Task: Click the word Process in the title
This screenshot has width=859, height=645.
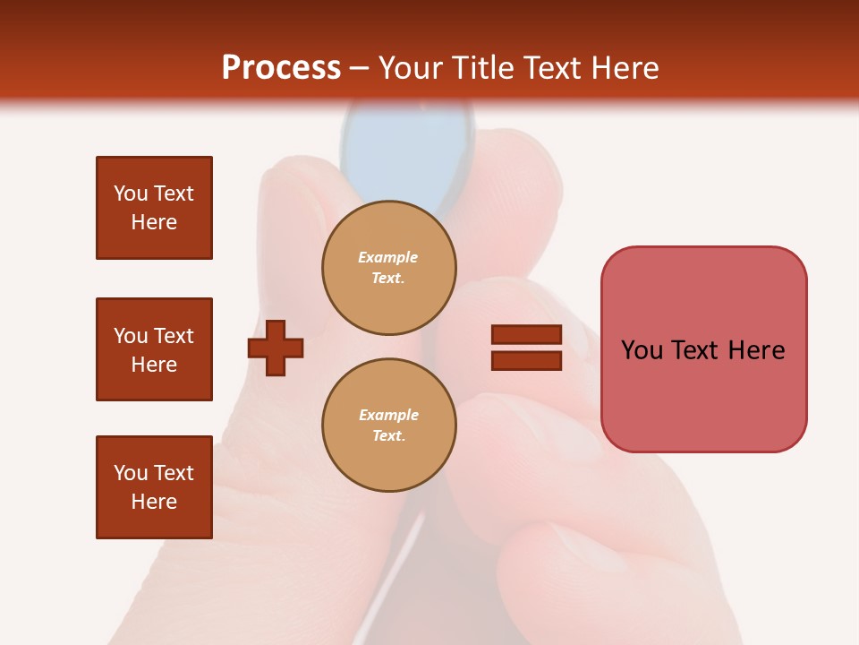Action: [281, 67]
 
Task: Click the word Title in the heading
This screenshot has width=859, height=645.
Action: [483, 67]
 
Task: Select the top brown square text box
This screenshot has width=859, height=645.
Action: [154, 208]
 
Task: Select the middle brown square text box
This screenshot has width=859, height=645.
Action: [154, 349]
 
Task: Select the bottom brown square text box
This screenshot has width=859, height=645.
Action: [154, 486]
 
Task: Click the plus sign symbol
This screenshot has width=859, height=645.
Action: [276, 347]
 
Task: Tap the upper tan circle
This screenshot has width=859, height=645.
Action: [389, 268]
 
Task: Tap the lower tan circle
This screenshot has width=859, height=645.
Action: [389, 426]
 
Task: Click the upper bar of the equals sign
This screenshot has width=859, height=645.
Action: [526, 334]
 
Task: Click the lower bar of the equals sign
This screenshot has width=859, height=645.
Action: [526, 360]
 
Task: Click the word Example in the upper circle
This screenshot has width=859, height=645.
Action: [388, 257]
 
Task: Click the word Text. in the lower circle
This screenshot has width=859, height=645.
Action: [389, 436]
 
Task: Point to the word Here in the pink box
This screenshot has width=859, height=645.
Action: [756, 350]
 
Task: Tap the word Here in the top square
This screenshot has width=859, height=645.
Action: [154, 222]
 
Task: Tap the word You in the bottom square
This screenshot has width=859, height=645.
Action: [131, 473]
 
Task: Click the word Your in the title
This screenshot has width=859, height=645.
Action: [410, 67]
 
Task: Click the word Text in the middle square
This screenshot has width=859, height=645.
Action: [174, 336]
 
